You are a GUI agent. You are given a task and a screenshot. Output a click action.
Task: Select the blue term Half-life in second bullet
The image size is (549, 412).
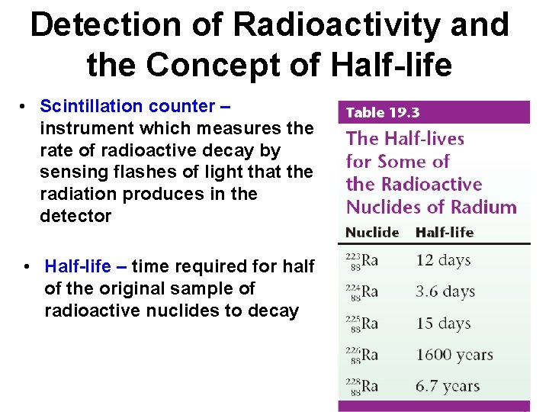click(x=77, y=266)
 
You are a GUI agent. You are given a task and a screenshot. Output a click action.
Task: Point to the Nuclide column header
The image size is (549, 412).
click(x=372, y=232)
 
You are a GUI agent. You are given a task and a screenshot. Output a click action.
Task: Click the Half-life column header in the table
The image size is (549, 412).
click(x=444, y=232)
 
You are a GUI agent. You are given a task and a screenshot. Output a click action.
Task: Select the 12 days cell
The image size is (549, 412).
click(x=444, y=260)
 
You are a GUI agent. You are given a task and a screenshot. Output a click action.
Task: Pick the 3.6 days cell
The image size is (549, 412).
click(x=445, y=291)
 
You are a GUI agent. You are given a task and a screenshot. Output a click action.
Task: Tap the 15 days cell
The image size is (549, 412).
click(x=444, y=323)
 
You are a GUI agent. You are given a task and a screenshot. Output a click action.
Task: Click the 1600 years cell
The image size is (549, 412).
click(x=454, y=355)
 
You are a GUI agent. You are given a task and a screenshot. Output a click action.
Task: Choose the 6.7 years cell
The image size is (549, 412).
click(x=447, y=386)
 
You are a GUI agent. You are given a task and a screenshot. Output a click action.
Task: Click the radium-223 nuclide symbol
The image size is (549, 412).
click(x=362, y=260)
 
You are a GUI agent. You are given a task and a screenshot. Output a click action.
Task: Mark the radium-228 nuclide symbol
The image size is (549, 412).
click(x=362, y=386)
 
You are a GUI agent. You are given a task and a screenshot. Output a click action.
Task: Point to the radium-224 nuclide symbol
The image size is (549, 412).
click(x=362, y=291)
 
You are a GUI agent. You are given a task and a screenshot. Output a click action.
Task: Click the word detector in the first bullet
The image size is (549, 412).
click(x=75, y=216)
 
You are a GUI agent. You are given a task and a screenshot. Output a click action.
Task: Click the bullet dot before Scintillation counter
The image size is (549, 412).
click(x=25, y=106)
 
